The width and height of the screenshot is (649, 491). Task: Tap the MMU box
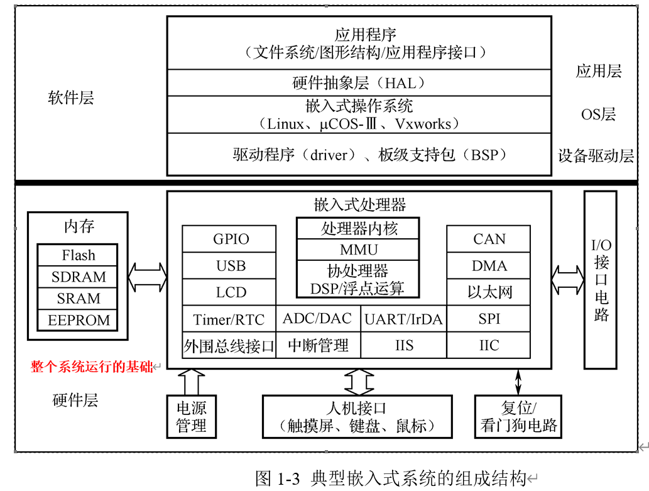pyautogui.click(x=359, y=250)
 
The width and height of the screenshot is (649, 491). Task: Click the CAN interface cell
pyautogui.click(x=489, y=239)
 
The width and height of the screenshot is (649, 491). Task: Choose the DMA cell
pyautogui.click(x=489, y=266)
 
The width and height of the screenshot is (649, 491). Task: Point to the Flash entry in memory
pyautogui.click(x=78, y=255)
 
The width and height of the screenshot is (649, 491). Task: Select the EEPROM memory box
pyautogui.click(x=78, y=320)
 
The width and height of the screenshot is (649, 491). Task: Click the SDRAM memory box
pyautogui.click(x=78, y=277)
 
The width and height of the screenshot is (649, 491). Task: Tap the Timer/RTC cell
pyautogui.click(x=229, y=319)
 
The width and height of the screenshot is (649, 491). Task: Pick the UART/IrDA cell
pyautogui.click(x=403, y=319)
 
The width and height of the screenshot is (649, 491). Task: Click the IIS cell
pyautogui.click(x=403, y=345)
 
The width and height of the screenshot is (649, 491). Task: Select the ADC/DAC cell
pyautogui.click(x=318, y=319)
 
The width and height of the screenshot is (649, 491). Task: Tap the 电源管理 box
pyautogui.click(x=192, y=416)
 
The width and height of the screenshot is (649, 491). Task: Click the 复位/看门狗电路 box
pyautogui.click(x=518, y=416)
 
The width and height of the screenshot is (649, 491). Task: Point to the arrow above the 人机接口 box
pyautogui.click(x=359, y=382)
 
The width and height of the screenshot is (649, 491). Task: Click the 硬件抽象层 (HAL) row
pyautogui.click(x=359, y=82)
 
